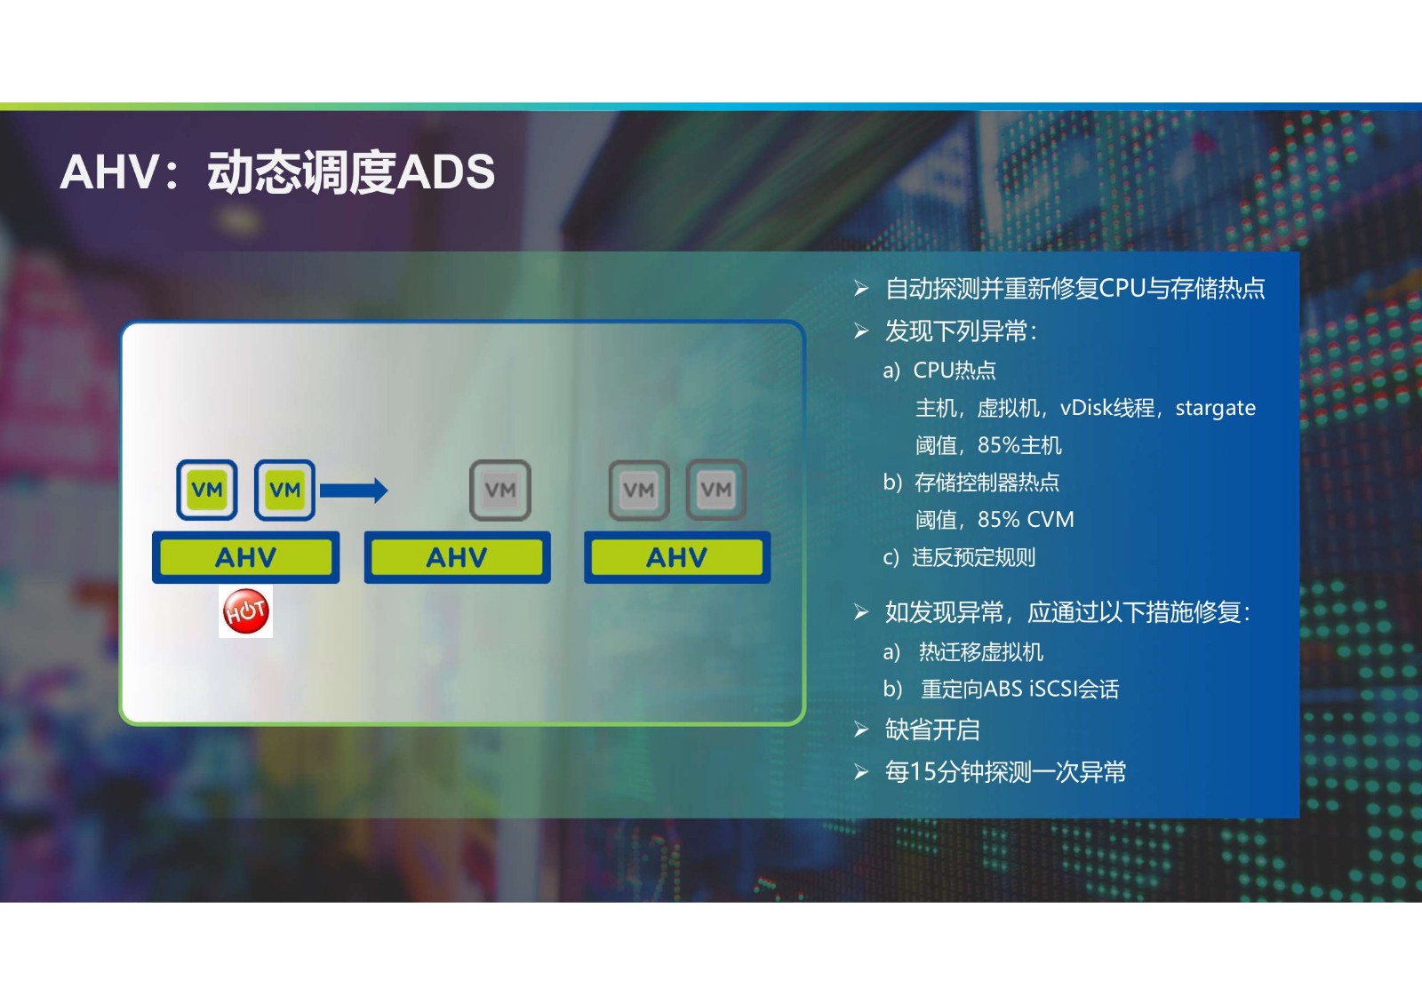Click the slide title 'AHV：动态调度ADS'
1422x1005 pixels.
(x=277, y=172)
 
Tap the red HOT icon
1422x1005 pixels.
(x=245, y=610)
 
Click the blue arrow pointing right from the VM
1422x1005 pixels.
(x=354, y=491)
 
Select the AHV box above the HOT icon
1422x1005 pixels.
(x=245, y=557)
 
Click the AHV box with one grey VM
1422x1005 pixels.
(x=457, y=557)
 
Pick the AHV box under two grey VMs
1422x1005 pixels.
(x=677, y=557)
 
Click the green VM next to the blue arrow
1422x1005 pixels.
(x=285, y=491)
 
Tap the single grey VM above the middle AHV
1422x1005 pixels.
(x=500, y=491)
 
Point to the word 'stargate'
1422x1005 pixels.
(x=1215, y=408)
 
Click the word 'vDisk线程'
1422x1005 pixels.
(x=1107, y=408)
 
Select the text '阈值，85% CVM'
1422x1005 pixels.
(x=995, y=519)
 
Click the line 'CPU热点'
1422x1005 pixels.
(x=955, y=371)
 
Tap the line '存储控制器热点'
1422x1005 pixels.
(x=987, y=483)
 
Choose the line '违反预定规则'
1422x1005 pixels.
(x=974, y=557)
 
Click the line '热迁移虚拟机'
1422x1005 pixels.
(x=981, y=652)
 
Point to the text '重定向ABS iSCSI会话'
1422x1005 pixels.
(x=1019, y=689)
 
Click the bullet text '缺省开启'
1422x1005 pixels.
(x=932, y=730)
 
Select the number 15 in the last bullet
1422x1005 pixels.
(x=922, y=772)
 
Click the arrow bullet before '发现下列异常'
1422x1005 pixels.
(x=861, y=331)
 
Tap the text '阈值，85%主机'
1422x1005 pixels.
(x=988, y=445)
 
